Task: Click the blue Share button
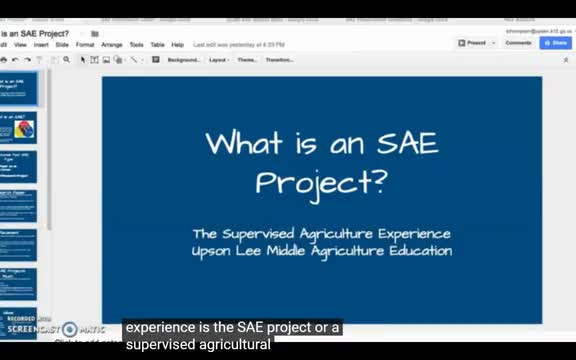click(555, 43)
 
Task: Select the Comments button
click(518, 43)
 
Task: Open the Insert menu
click(40, 45)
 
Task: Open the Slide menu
click(62, 45)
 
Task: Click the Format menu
click(85, 45)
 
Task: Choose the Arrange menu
click(112, 45)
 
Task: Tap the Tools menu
click(136, 45)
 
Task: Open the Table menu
click(157, 45)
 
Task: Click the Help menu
click(178, 45)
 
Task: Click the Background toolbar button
click(183, 60)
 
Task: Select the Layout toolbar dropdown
click(218, 60)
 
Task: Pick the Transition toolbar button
click(278, 60)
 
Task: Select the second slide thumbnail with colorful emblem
click(19, 127)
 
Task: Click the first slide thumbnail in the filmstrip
click(19, 88)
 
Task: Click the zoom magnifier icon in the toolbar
click(67, 60)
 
